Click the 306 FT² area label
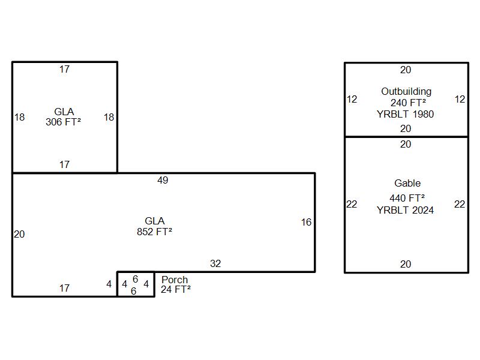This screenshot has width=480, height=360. [x=63, y=122]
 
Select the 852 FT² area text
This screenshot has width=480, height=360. [x=154, y=232]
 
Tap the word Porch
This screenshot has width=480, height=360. [x=175, y=280]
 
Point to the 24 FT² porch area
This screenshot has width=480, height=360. [x=176, y=289]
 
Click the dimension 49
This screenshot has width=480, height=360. [x=163, y=180]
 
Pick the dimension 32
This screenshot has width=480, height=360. [x=215, y=263]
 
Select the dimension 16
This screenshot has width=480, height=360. [x=306, y=222]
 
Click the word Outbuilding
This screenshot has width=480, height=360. [x=406, y=91]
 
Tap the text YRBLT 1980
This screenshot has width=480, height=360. [x=405, y=114]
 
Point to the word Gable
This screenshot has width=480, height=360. [x=407, y=183]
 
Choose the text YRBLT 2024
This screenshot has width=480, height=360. [x=405, y=210]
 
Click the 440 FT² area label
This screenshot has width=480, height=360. [x=407, y=198]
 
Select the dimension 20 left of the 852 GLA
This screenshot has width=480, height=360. [x=19, y=234]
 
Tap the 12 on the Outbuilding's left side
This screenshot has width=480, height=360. [x=352, y=99]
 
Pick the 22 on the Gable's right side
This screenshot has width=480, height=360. [x=459, y=204]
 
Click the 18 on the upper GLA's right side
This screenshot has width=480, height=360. [x=109, y=117]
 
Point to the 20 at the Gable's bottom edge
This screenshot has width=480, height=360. [x=406, y=264]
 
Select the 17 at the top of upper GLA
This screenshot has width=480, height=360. [x=64, y=69]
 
